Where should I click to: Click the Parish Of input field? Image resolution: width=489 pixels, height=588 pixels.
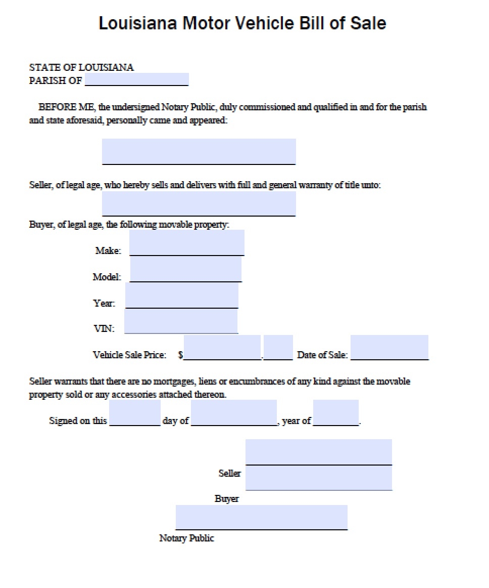[136, 79]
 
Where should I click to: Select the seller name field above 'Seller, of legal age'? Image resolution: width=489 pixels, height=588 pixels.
[199, 151]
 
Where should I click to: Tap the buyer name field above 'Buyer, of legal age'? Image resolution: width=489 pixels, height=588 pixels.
[199, 203]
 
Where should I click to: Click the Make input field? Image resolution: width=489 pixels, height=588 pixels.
[187, 243]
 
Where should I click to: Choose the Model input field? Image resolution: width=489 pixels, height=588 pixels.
[186, 269]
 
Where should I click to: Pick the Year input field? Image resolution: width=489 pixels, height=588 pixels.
[182, 296]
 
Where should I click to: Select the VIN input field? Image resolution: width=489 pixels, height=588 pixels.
[181, 321]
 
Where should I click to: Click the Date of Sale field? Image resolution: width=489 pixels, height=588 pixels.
[389, 347]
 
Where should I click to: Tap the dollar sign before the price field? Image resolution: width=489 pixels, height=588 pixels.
[180, 355]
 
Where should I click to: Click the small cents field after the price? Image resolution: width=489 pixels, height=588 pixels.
[278, 347]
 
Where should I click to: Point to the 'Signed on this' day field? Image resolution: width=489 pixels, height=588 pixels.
[135, 413]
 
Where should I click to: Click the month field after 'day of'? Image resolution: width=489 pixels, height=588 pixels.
[234, 413]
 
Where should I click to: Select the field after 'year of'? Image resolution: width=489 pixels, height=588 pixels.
[336, 413]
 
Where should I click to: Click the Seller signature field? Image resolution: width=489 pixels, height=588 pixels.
[319, 452]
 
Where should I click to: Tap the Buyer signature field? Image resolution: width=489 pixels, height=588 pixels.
[319, 478]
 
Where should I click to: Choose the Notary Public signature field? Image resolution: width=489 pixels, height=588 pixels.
[261, 517]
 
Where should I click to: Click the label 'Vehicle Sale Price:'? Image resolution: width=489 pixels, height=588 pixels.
[129, 355]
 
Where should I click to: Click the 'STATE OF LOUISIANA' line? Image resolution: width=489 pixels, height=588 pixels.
[81, 67]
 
